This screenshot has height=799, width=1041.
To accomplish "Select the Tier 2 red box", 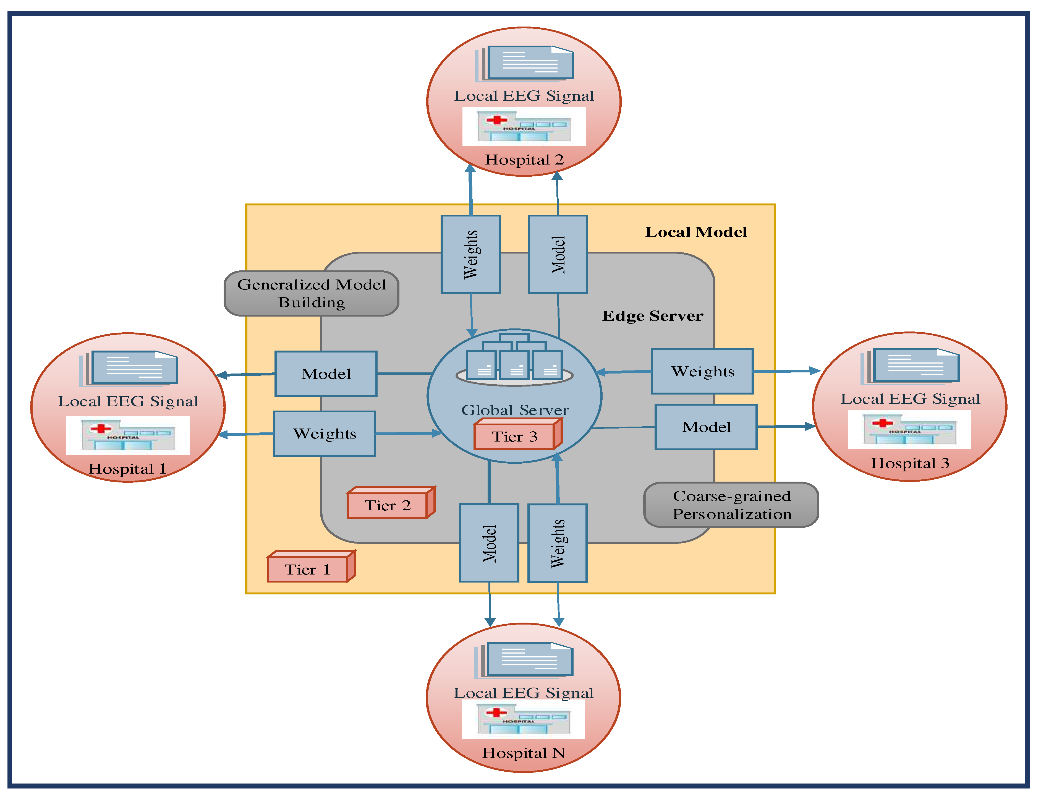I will point(388,505).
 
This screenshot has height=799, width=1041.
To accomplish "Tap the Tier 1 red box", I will point(308,569).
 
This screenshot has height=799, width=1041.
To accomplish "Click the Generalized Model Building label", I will point(312,293).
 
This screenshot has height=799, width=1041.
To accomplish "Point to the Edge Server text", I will point(652,316).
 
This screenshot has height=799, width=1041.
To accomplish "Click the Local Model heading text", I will point(696,232).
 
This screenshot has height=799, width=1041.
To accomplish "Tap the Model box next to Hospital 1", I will point(326,374).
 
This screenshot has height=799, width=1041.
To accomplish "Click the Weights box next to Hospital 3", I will point(702,372).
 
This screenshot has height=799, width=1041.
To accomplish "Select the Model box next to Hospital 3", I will point(706,427).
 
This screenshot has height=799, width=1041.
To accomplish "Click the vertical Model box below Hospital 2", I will point(558,254).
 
